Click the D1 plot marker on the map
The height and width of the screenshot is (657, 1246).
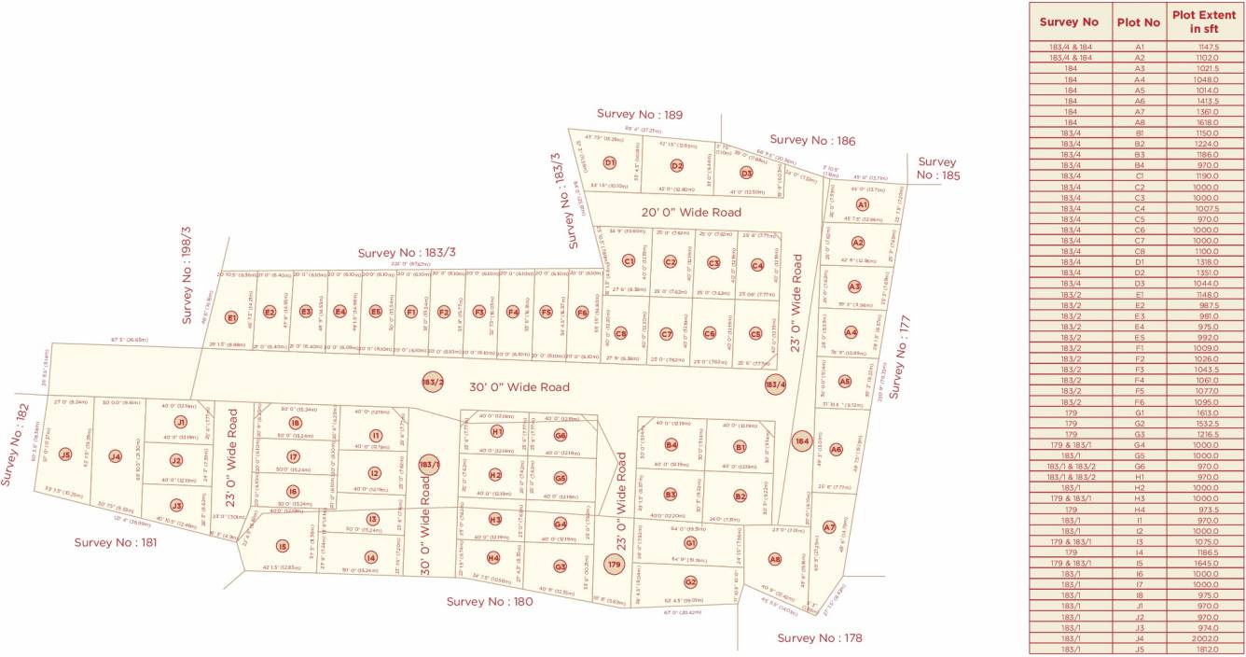coord(610,162)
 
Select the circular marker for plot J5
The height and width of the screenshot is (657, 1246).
coord(65,454)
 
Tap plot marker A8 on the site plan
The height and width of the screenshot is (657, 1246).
coord(774,559)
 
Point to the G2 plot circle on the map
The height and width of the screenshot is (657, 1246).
coord(690,582)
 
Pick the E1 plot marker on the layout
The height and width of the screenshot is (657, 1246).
coord(231,317)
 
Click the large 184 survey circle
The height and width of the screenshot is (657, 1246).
coord(800,440)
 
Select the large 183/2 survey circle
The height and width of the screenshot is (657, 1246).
coord(432,382)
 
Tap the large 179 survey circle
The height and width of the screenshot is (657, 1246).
coord(614,565)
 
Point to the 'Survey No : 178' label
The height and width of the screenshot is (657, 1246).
coord(820,638)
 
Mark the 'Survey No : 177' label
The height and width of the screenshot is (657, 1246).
coord(902,357)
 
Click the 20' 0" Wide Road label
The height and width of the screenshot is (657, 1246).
coord(691,213)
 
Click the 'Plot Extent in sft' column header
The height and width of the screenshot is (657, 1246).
coord(1204,21)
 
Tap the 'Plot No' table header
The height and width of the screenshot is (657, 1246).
coord(1139,21)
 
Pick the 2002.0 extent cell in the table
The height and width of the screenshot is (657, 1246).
coord(1204,638)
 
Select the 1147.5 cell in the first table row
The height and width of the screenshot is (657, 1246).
coord(1204,47)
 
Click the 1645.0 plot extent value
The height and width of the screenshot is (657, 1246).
coord(1204,563)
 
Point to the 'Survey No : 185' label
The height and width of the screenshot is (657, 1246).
coord(936,168)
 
